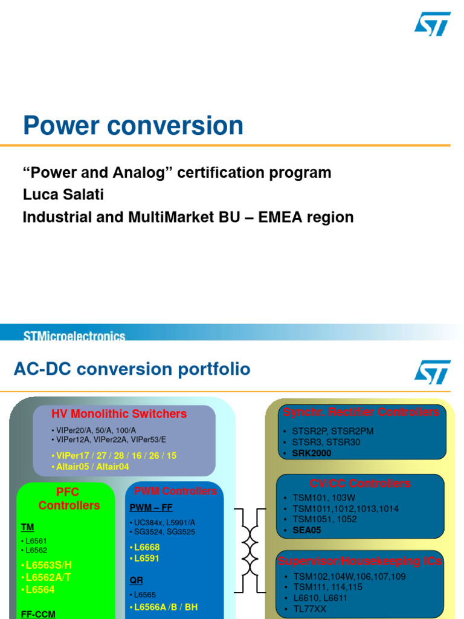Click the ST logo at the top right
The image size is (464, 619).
(432, 24)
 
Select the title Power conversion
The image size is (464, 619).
(133, 126)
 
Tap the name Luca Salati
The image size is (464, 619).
(63, 195)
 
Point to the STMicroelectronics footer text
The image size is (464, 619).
(74, 336)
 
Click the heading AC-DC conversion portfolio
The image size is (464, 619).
(132, 369)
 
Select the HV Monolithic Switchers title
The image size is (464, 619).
(119, 414)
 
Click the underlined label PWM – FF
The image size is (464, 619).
(151, 508)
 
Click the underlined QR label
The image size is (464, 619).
(137, 580)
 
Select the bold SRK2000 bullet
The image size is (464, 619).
(311, 453)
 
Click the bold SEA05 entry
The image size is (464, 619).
(306, 530)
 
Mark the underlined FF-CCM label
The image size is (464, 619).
(38, 614)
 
